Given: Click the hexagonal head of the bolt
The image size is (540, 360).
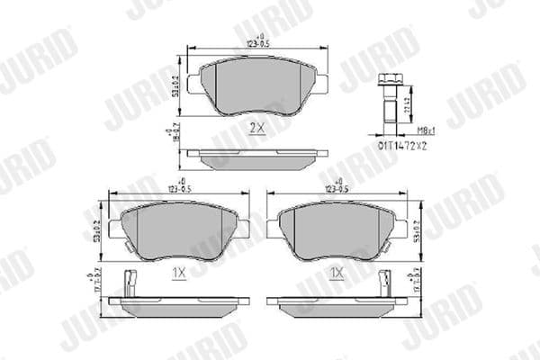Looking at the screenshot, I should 390,80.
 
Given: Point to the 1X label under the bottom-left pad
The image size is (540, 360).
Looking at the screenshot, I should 179,270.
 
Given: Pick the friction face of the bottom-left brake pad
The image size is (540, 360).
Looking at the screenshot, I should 179,230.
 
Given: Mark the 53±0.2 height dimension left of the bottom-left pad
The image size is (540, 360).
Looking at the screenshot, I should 96,230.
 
